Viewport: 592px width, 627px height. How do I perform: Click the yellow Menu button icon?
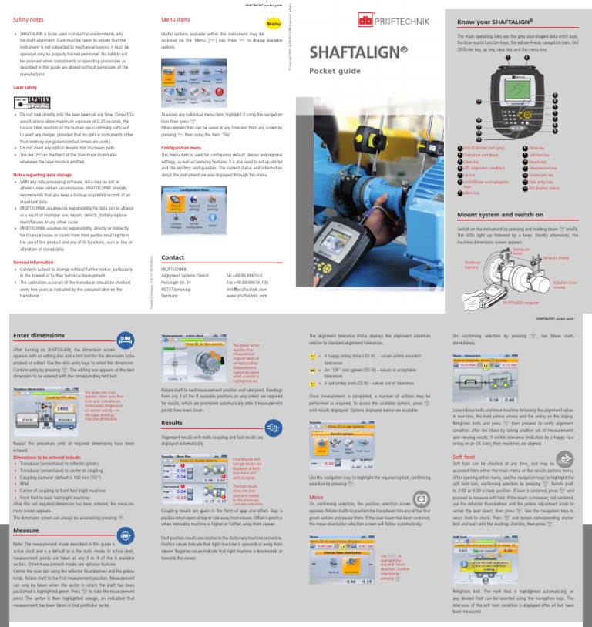pyautogui.click(x=274, y=25)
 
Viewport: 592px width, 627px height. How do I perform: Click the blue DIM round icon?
pyautogui.click(x=126, y=340)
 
